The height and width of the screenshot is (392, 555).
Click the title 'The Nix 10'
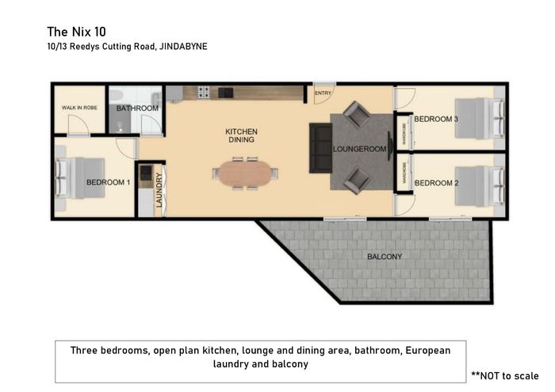[76, 32]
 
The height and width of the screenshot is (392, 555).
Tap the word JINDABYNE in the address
[183, 46]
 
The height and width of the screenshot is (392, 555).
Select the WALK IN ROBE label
[79, 108]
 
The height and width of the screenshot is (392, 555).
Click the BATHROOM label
[137, 108]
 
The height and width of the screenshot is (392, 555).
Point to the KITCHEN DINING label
[241, 135]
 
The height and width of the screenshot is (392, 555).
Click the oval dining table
[245, 173]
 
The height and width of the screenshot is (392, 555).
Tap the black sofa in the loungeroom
[320, 148]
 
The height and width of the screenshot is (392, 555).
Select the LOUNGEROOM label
[359, 149]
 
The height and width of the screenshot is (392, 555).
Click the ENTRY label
[323, 93]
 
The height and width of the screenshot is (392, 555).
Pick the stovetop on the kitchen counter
[204, 92]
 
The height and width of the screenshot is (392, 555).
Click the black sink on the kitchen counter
[225, 93]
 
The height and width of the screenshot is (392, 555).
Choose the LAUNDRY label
[159, 190]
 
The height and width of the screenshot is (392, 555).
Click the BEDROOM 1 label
[109, 182]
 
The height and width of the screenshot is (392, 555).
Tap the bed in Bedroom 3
[480, 118]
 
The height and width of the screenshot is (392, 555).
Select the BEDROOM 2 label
[436, 183]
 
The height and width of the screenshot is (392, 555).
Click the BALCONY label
[385, 257]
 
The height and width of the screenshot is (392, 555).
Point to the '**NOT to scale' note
[505, 375]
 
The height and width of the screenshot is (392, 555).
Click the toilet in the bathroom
[116, 95]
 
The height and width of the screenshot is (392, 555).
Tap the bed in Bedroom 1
[80, 178]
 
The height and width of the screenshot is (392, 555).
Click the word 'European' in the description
[428, 350]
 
